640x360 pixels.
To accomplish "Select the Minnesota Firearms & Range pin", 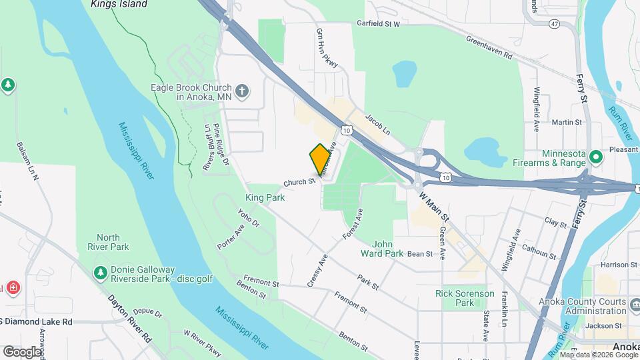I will point(596,158).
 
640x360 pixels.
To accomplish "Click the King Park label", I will point(265,197).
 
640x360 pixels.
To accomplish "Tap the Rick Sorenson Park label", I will point(465,298).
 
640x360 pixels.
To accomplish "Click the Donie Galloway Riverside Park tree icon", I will point(100,272).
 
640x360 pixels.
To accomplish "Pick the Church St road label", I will point(299,182).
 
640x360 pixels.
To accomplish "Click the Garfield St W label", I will point(378,24).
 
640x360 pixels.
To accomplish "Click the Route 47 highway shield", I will point(555,24).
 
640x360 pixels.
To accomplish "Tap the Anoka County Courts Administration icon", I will point(636,303).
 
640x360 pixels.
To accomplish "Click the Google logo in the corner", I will point(22,351).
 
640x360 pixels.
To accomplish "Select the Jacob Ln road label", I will point(377,123).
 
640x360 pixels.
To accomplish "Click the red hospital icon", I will point(12,288).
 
